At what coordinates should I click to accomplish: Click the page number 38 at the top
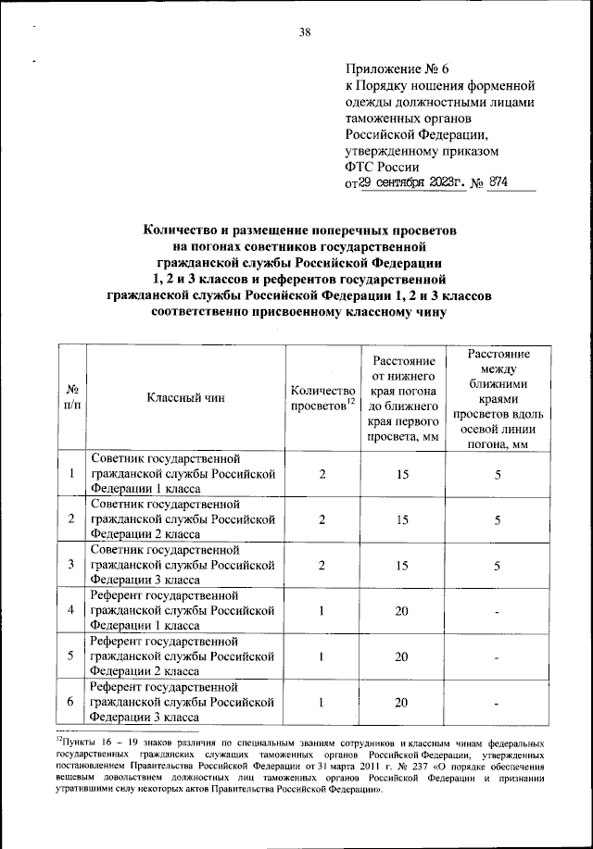[x=304, y=34]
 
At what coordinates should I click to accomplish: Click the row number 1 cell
[x=71, y=474]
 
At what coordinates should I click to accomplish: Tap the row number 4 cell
[x=71, y=611]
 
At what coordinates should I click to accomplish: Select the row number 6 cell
[x=71, y=702]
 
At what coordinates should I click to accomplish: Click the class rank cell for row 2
[x=183, y=519]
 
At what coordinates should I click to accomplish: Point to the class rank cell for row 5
[x=183, y=656]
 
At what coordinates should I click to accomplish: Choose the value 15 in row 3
[x=402, y=565]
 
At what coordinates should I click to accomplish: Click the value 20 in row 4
[x=402, y=611]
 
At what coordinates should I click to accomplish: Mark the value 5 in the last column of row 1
[x=498, y=474]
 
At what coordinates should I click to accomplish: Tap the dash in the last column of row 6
[x=498, y=703]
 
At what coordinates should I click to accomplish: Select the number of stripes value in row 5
[x=322, y=656]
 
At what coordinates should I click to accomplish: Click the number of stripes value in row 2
[x=322, y=519]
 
